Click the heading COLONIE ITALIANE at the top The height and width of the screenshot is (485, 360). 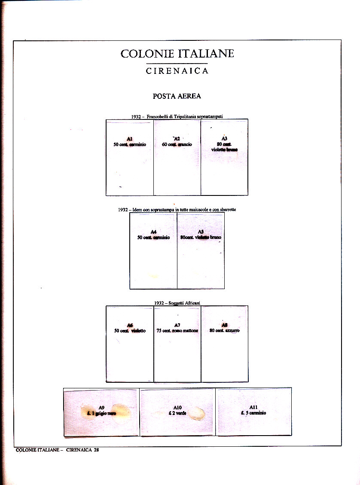[177, 54]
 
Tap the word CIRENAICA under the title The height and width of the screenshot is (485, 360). [177, 71]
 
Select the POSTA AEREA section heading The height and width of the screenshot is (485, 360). [177, 96]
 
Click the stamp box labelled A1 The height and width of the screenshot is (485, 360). [130, 157]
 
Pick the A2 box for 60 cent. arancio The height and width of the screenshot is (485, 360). [177, 157]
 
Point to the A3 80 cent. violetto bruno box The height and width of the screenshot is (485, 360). [224, 157]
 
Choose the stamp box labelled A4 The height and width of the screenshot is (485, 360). [153, 250]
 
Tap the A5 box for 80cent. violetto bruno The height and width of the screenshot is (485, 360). [201, 250]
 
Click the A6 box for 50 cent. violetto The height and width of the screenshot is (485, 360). [130, 344]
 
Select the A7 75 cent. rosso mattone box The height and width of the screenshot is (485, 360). [177, 344]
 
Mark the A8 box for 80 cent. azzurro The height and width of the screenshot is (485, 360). [224, 344]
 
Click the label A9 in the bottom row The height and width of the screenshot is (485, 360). [101, 407]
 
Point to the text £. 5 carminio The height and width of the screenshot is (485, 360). [253, 413]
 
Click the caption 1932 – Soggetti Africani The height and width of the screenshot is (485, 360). [177, 303]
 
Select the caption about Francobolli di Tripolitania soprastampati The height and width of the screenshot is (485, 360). [177, 116]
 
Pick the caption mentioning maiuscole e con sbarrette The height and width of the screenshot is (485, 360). [177, 210]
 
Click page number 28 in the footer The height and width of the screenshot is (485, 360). [96, 450]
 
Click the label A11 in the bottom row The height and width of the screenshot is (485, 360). [253, 407]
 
